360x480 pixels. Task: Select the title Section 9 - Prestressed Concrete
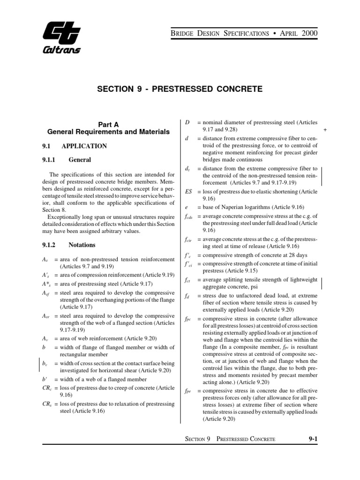click(180, 89)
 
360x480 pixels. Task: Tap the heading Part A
click(109, 124)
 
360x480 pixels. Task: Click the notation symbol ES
click(188, 192)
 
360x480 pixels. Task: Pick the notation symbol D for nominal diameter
click(187, 122)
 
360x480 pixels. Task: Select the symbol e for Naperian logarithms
click(187, 207)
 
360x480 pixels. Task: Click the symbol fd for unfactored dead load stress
click(187, 296)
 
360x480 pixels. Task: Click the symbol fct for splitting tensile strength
click(188, 282)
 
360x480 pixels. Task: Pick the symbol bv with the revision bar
click(45, 363)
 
